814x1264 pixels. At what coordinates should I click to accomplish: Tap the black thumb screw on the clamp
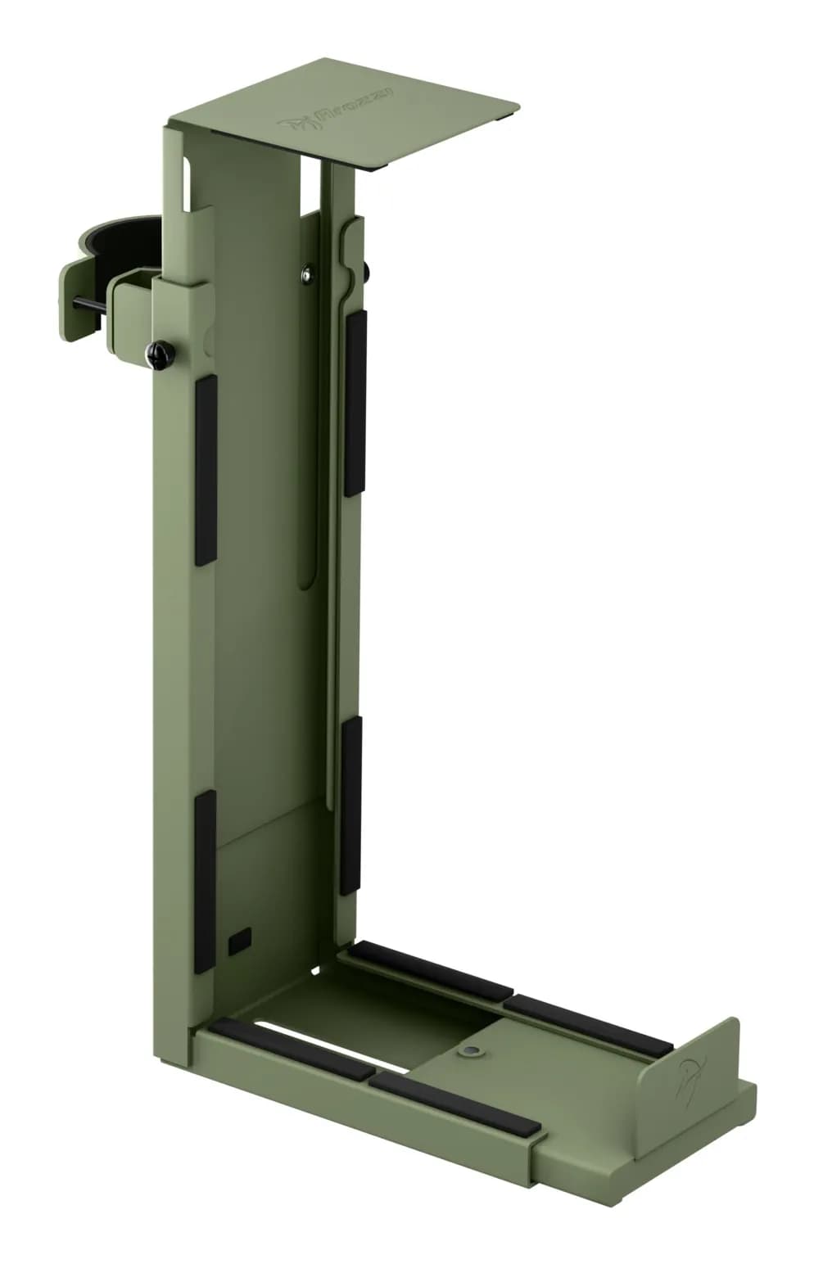pos(157,353)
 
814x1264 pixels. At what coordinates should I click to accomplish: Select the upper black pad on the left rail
pos(206,469)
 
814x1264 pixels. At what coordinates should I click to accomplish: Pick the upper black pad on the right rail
pos(355,403)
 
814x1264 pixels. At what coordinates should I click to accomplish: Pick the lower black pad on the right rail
pos(350,805)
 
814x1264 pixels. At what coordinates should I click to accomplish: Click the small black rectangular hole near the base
pos(239,941)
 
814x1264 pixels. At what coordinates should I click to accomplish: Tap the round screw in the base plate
pos(470,1050)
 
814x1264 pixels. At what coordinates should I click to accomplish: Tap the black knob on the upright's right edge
pos(365,271)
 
